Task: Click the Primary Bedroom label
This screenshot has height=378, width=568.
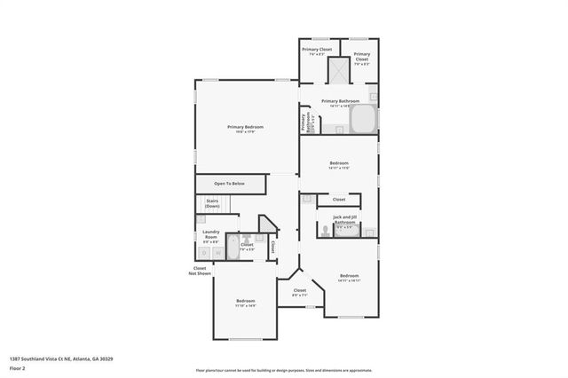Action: pos(246,128)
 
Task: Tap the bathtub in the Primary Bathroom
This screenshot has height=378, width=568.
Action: pos(363,119)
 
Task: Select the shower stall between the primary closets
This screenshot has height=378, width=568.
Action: pos(338,70)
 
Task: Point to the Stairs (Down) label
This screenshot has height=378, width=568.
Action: pos(212,203)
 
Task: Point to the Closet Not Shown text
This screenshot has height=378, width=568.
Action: pos(200,271)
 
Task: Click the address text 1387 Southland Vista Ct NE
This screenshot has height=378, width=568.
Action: pos(61,358)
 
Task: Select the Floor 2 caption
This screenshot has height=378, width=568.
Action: pos(16,367)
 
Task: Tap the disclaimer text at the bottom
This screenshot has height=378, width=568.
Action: pos(284,370)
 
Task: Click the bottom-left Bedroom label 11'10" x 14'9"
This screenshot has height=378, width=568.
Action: pos(246,303)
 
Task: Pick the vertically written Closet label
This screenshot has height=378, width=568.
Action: pos(272,247)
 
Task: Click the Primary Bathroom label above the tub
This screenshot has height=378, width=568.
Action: pos(340,101)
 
